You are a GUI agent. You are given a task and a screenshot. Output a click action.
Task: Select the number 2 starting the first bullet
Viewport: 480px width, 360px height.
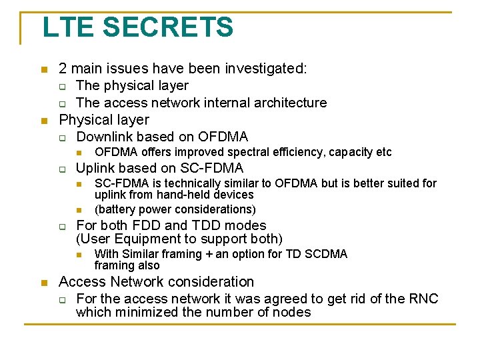pyautogui.click(x=63, y=68)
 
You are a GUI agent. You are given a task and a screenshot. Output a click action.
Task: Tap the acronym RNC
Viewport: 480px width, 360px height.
pyautogui.click(x=424, y=299)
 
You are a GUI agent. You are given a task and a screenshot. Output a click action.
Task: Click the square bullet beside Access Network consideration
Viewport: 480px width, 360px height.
pyautogui.click(x=44, y=283)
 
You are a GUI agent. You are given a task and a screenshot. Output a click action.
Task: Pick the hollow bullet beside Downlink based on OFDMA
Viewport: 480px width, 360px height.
pyautogui.click(x=62, y=138)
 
